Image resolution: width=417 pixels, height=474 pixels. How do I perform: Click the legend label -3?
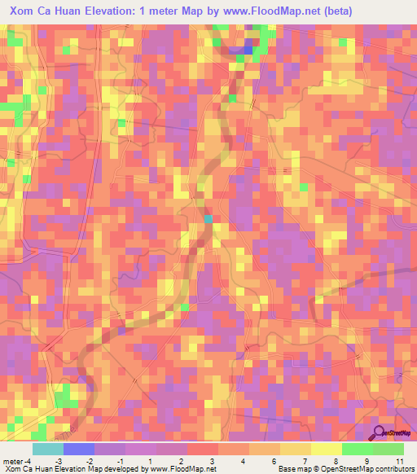[59, 461]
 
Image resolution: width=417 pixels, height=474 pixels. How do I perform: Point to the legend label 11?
[399, 461]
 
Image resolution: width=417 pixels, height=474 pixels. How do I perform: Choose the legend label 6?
[253, 461]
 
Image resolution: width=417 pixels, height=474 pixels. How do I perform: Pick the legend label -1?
[120, 461]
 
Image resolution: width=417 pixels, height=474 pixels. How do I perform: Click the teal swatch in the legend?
[48, 449]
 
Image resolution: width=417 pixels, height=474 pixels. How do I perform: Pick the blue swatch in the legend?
[79, 449]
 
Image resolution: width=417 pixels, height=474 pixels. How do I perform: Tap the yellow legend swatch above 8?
[326, 449]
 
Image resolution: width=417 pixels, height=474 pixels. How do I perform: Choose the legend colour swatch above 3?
[203, 449]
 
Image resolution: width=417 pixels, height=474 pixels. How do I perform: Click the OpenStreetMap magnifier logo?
[378, 431]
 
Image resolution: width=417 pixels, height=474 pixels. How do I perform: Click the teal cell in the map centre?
[208, 218]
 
